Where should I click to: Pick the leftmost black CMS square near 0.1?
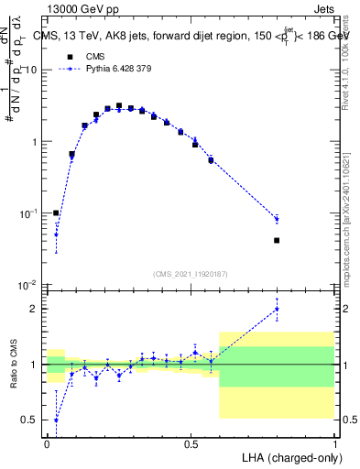coord(56,213)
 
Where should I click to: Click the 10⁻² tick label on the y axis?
coord(27,285)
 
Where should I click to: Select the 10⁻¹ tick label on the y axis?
coord(27,213)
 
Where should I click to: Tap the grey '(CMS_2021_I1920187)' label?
coord(190,273)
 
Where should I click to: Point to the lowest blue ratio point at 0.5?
coord(56,420)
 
